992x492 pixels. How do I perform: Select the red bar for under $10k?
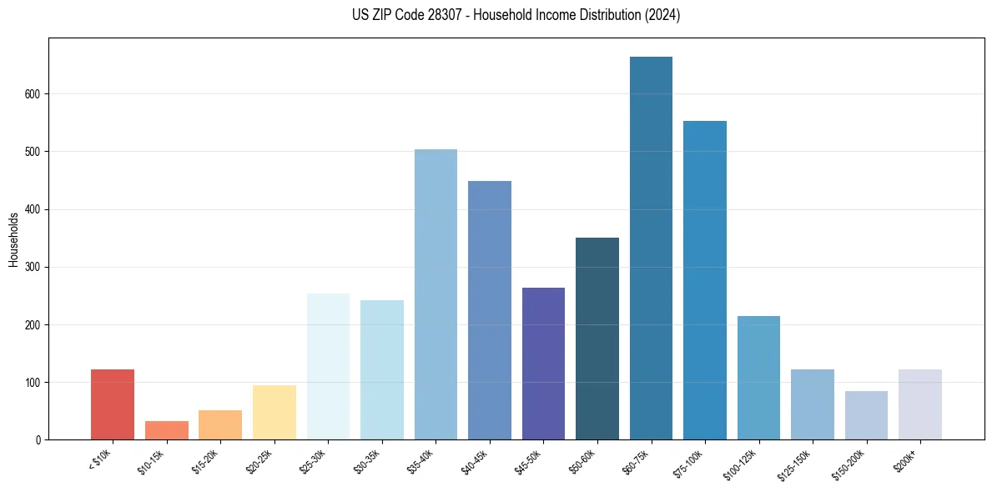tap(113, 404)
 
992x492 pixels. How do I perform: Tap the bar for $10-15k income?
tap(166, 430)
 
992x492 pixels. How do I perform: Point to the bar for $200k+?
tap(920, 404)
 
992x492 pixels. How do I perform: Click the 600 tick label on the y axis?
tap(34, 94)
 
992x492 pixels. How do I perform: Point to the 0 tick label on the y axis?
tap(39, 439)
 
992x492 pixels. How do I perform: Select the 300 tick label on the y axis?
tap(34, 267)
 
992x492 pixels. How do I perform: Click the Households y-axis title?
tap(14, 239)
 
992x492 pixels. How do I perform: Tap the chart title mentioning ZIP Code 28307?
tap(516, 15)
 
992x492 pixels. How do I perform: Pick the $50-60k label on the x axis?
tap(585, 461)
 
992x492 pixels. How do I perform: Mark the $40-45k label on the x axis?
tap(477, 461)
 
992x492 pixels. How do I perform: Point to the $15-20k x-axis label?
tap(208, 461)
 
